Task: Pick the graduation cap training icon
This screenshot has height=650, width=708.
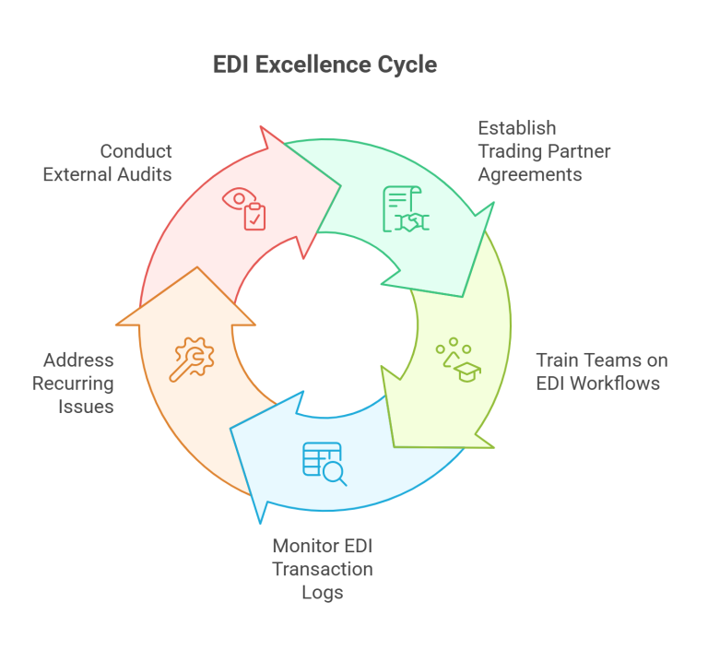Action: [x=458, y=360]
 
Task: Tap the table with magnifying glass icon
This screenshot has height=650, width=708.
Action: [x=324, y=464]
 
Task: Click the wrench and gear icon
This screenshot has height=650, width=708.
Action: [x=190, y=360]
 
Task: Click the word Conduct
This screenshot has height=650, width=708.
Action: [x=136, y=151]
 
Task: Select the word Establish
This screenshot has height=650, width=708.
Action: [x=516, y=128]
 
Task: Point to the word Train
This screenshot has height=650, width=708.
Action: [x=558, y=360]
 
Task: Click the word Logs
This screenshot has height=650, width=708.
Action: [x=322, y=592]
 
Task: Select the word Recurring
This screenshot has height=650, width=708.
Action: [x=73, y=383]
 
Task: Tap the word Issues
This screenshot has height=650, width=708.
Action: [x=88, y=406]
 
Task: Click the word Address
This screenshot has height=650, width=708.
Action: [x=78, y=360]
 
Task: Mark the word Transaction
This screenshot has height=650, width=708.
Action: [x=322, y=570]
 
